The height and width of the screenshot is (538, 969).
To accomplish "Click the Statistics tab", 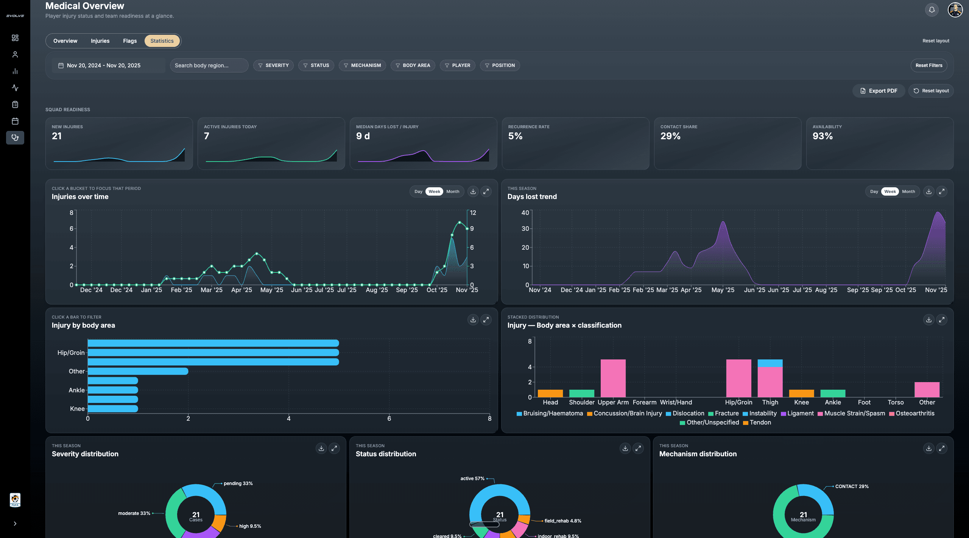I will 162,41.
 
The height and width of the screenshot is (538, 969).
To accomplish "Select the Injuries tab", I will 100,41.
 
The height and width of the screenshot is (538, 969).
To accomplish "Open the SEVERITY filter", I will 273,65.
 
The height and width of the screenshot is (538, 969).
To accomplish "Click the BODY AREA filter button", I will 413,65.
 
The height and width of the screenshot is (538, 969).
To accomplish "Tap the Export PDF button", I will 879,91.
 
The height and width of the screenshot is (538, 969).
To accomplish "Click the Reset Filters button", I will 928,65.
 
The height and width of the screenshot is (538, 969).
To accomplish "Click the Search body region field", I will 209,65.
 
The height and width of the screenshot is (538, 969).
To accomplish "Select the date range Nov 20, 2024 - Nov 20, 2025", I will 103,65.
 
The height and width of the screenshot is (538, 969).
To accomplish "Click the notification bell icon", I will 932,10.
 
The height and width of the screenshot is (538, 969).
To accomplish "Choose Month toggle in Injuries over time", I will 453,191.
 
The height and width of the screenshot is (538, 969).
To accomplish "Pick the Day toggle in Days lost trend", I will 874,191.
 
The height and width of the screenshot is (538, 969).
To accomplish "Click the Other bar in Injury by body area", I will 138,371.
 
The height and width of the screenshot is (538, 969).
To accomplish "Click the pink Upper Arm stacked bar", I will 613,378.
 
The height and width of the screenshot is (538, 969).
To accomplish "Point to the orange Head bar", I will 550,393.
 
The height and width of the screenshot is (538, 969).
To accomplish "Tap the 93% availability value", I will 823,136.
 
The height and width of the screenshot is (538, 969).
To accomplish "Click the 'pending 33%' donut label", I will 238,484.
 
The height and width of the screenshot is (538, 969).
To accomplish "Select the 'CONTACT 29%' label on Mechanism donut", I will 852,487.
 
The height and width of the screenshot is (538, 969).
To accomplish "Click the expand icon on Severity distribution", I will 334,448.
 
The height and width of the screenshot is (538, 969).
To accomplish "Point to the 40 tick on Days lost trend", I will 525,213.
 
